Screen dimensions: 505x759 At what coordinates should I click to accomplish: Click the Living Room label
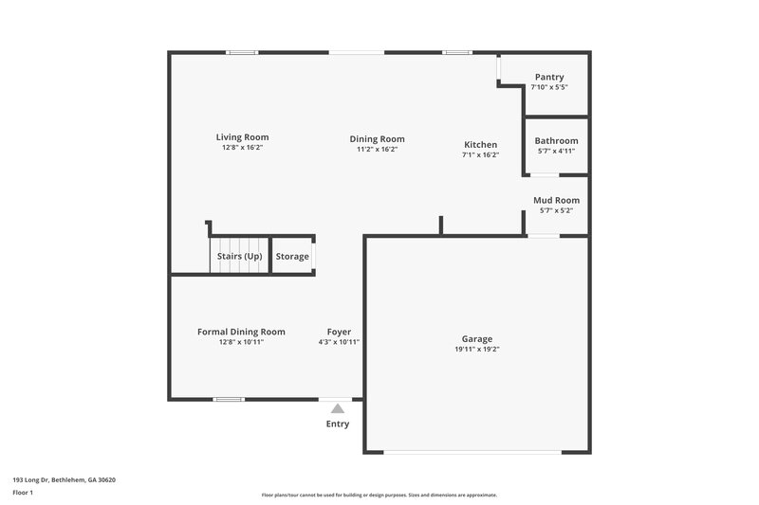(242, 137)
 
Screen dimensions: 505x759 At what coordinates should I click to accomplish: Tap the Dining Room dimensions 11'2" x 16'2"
(377, 149)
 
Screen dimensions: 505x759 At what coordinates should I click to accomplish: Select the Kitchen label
(480, 145)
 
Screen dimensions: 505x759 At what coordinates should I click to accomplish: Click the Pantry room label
(548, 78)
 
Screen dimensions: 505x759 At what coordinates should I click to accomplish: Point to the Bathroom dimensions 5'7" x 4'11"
(556, 151)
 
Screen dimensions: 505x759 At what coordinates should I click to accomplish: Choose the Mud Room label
(556, 200)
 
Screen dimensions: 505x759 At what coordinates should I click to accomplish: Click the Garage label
(476, 338)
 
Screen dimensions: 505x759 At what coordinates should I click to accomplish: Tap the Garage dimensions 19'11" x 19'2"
(476, 349)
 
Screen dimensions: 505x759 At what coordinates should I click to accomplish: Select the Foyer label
(339, 332)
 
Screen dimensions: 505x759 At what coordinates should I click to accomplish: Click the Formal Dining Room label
(241, 332)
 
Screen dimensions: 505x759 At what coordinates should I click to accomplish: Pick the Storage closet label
(292, 257)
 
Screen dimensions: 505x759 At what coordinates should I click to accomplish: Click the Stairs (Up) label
(239, 257)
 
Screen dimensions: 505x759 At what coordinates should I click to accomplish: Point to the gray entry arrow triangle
(337, 408)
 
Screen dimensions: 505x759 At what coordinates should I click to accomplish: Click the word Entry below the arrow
(337, 424)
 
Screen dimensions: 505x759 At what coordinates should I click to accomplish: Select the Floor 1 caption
(23, 493)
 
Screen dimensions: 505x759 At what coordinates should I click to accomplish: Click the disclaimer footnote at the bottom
(379, 495)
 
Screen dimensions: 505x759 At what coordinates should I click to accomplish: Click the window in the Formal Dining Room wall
(229, 399)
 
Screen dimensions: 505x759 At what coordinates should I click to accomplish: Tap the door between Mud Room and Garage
(544, 235)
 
